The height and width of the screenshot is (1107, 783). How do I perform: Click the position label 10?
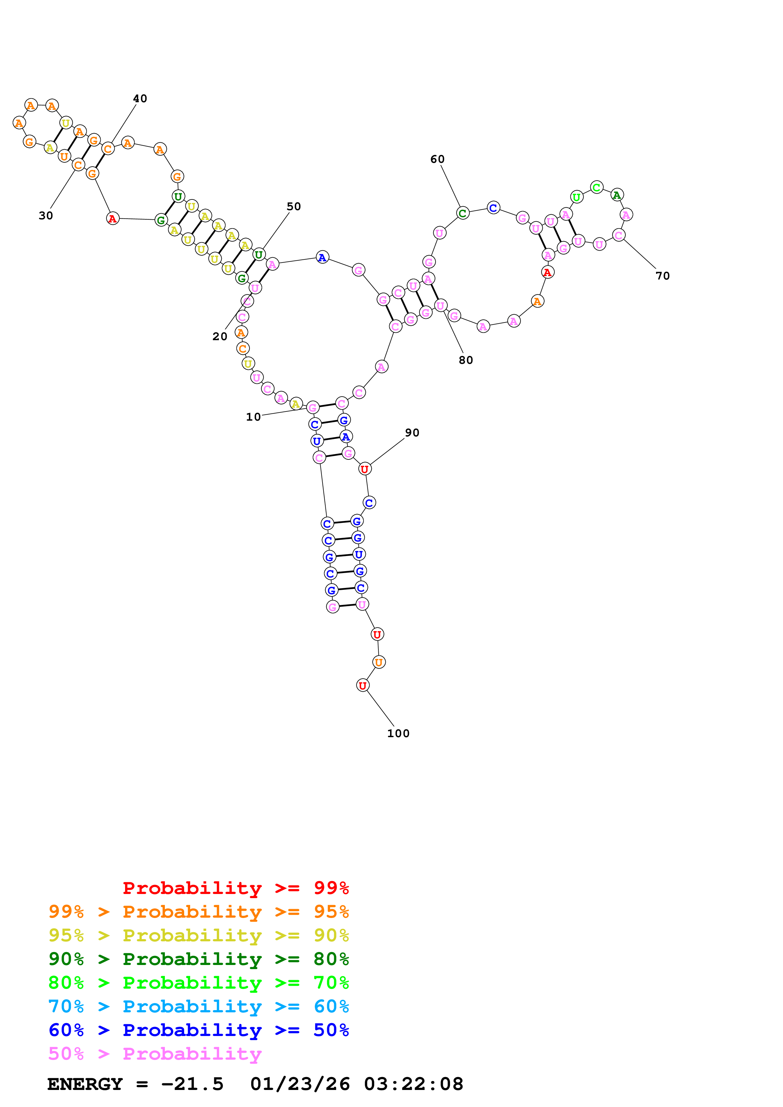pyautogui.click(x=253, y=417)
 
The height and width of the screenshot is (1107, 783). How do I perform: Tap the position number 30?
pyautogui.click(x=46, y=216)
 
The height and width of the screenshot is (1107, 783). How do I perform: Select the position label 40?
pyautogui.click(x=140, y=99)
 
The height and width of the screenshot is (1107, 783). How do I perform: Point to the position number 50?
pyautogui.click(x=294, y=207)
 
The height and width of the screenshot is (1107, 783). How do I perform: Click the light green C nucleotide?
pyautogui.click(x=597, y=187)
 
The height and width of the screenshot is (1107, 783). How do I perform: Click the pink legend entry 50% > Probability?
pyautogui.click(x=155, y=1054)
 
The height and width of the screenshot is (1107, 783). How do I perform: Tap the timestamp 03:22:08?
pyautogui.click(x=413, y=1084)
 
